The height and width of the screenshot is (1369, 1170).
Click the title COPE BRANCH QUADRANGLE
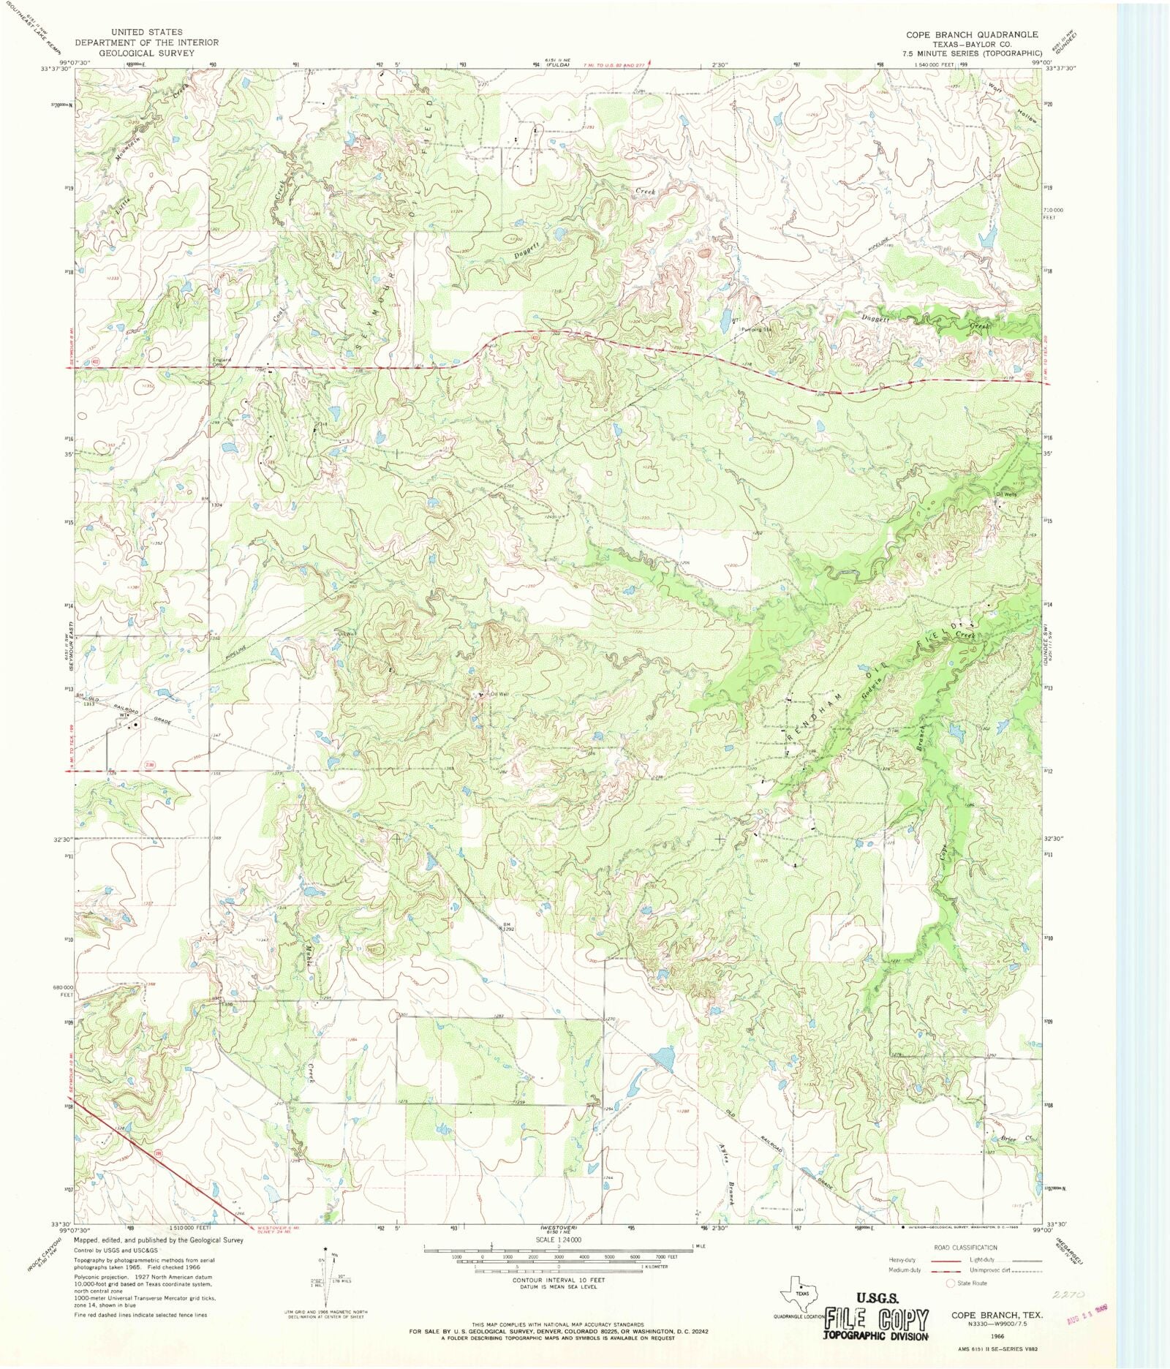972,34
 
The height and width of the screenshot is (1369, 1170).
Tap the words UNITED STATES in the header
146,32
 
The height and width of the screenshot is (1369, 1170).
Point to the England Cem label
222,361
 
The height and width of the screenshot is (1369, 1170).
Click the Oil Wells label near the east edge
1007,494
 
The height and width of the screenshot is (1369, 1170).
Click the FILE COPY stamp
876,1319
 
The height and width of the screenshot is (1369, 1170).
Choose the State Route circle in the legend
951,1283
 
